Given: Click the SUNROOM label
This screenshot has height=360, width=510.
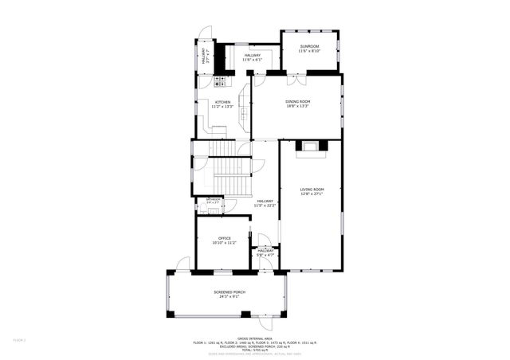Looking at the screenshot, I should (x=309, y=47).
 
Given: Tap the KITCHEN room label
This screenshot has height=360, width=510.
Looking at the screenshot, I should (x=222, y=102).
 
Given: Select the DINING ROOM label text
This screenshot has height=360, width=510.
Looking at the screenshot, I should (x=297, y=102).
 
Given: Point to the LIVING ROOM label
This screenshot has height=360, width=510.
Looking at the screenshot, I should (x=312, y=189).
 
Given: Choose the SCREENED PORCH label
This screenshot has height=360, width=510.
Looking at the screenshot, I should (x=229, y=292).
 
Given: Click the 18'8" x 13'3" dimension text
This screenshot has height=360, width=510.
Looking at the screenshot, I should (x=297, y=107).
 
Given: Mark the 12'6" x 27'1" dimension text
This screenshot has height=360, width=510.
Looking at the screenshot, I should (x=312, y=194).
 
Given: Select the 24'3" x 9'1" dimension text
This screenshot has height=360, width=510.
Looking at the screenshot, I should (x=229, y=297).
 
